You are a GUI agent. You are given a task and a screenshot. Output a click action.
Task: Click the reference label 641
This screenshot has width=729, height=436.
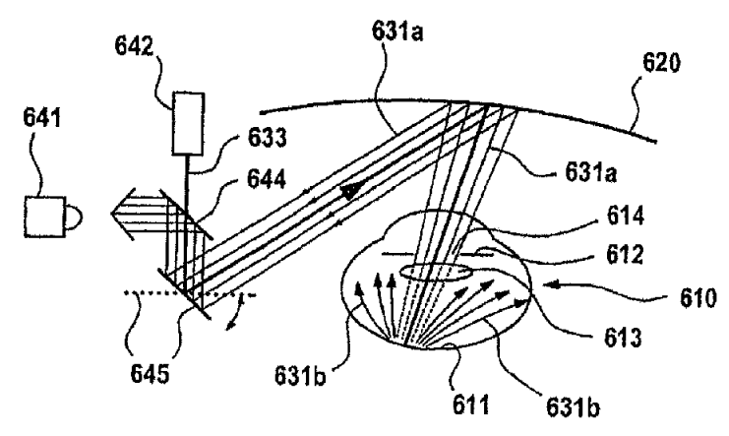(x=42, y=119)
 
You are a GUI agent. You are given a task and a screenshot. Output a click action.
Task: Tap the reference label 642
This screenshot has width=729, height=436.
(x=135, y=46)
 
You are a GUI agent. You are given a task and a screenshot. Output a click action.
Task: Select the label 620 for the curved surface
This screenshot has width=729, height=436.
(x=661, y=63)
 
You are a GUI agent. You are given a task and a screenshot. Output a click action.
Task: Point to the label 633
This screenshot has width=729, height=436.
(x=267, y=138)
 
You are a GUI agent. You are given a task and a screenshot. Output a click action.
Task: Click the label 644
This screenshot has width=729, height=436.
(x=267, y=179)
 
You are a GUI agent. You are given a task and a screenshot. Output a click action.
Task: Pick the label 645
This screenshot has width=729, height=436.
(x=150, y=374)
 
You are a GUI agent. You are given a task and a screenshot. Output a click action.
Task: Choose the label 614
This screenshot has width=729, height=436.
(x=626, y=216)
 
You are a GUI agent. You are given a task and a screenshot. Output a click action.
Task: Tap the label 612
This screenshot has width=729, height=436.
(x=625, y=255)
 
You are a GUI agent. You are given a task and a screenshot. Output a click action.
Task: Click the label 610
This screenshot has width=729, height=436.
(x=699, y=298)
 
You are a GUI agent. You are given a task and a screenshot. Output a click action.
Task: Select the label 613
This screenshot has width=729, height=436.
(x=623, y=338)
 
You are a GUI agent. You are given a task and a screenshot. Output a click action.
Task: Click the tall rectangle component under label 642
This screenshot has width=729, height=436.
(x=188, y=124)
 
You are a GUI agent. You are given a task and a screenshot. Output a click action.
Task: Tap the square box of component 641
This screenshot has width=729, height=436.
(x=44, y=217)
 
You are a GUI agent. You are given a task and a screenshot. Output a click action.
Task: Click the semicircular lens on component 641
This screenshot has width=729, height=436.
(x=75, y=218)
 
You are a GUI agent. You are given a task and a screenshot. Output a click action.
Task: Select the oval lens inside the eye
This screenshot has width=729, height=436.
(x=435, y=272)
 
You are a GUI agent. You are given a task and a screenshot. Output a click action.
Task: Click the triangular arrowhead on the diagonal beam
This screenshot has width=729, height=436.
(x=351, y=191)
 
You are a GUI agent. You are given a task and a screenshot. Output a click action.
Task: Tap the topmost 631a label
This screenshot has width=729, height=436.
(x=397, y=32)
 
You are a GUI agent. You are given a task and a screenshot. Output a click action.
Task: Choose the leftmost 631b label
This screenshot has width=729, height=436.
(x=300, y=376)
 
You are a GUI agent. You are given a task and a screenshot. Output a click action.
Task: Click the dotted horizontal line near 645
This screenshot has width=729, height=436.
(x=190, y=293)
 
